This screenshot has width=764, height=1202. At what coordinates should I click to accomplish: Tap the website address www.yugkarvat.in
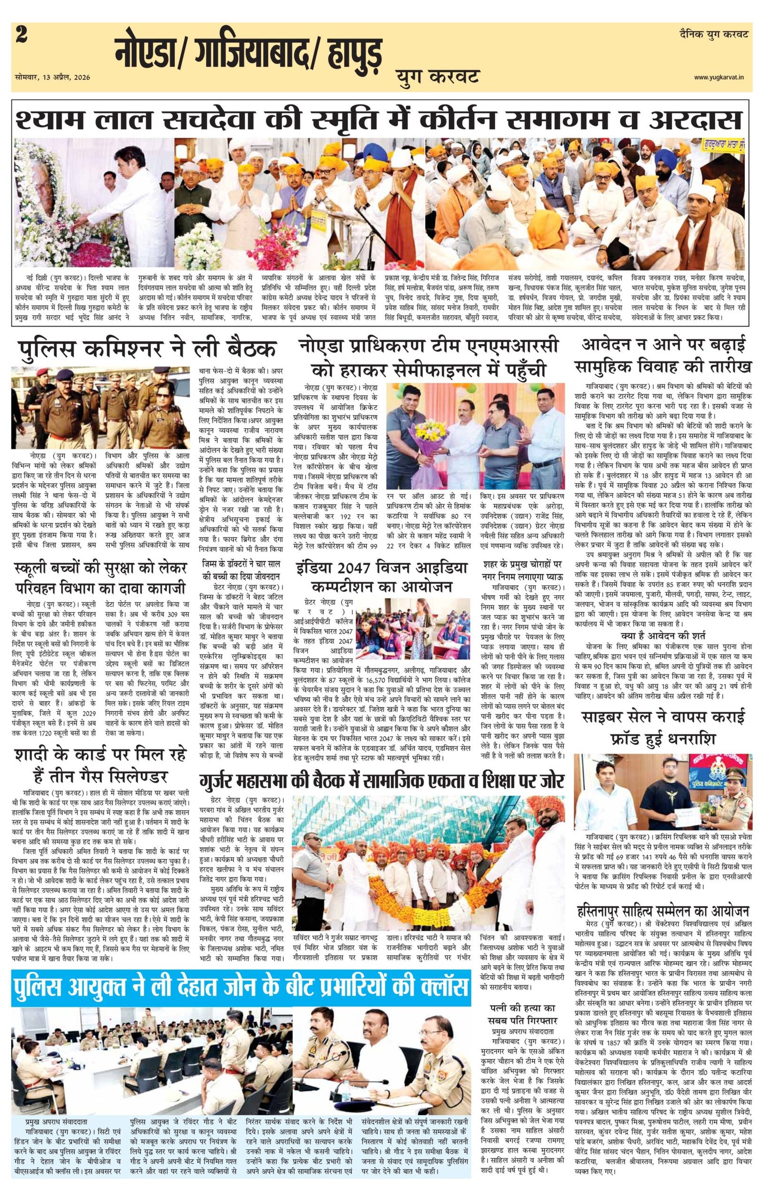[721, 76]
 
